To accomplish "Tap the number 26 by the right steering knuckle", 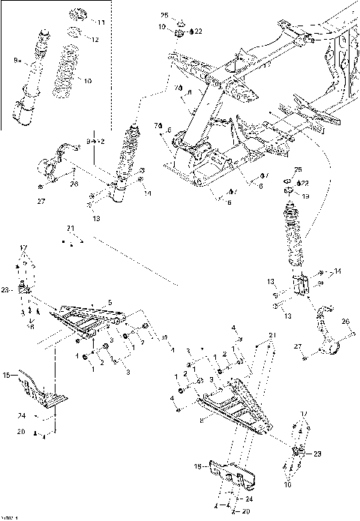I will (x=346, y=322).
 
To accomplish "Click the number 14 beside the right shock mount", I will (x=337, y=271).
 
